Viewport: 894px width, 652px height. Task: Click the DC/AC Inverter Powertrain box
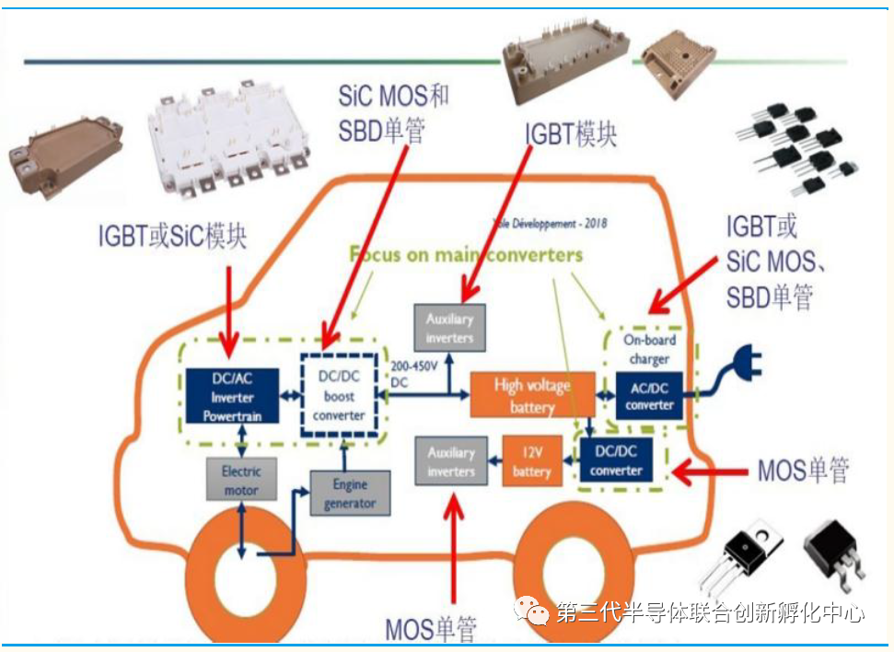coord(232,397)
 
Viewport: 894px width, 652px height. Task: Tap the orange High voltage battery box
coord(532,395)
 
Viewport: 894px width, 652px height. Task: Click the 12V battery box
coord(531,462)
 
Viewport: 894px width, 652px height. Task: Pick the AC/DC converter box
coord(650,396)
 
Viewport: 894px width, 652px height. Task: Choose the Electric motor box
coord(240,480)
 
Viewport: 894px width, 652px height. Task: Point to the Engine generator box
coord(350,494)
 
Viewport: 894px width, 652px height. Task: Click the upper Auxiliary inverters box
coord(449,329)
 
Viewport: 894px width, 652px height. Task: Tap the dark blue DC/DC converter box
coord(616,461)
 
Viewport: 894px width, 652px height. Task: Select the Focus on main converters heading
coord(466,253)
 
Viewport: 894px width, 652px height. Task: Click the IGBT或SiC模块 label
coord(172,237)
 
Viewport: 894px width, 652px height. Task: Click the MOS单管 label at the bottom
coord(431,630)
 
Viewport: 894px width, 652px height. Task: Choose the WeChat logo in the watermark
coord(533,611)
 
